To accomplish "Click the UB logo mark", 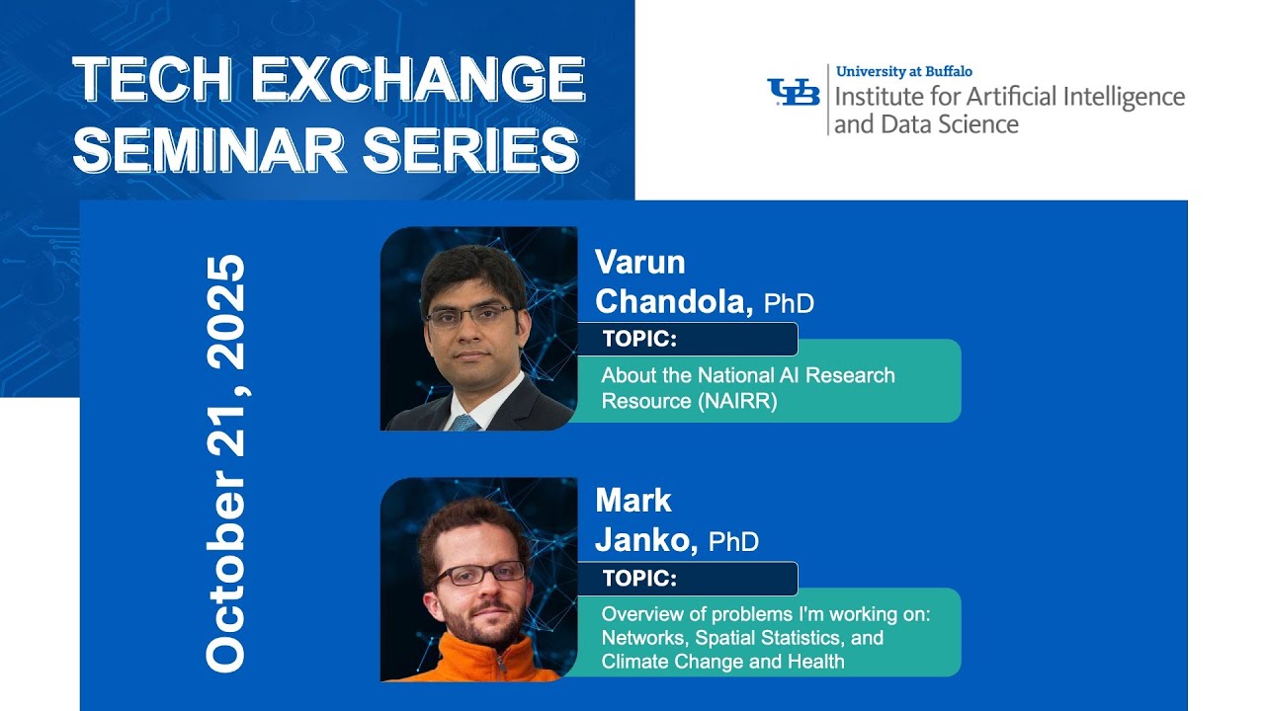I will click(794, 92).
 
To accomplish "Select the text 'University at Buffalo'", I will click(903, 71).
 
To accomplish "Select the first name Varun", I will click(639, 263).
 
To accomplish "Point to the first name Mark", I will click(633, 501).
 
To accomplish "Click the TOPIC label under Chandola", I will click(639, 340).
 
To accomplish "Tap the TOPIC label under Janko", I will click(639, 579).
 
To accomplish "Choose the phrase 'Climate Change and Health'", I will click(722, 662).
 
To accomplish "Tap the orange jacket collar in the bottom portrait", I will click(464, 657).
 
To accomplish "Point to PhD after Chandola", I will click(789, 303).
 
